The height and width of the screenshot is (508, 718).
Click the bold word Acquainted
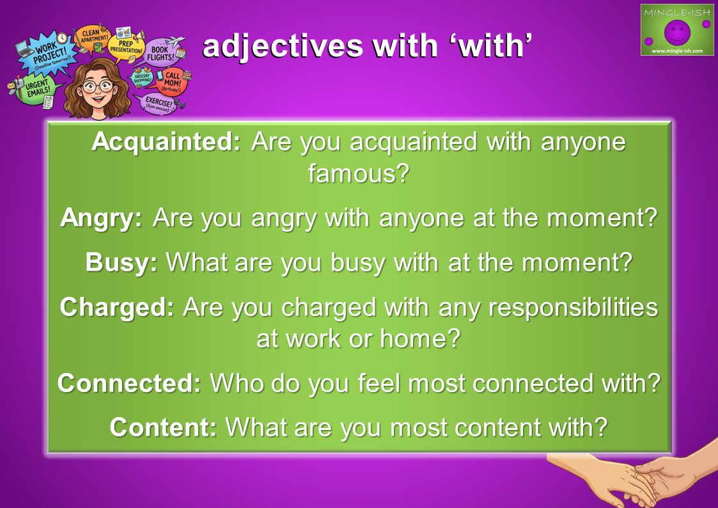click(x=166, y=141)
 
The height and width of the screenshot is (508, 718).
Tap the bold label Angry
click(x=101, y=218)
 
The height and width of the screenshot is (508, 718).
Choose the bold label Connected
click(x=129, y=383)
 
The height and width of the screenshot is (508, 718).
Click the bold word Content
click(x=163, y=427)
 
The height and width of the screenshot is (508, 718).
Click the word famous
click(x=358, y=173)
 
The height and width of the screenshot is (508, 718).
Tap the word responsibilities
click(x=574, y=307)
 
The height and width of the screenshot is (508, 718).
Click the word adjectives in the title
click(x=283, y=46)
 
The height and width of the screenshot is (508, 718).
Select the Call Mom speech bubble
click(x=172, y=81)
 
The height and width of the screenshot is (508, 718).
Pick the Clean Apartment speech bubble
click(x=93, y=38)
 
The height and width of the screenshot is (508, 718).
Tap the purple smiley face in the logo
click(x=677, y=31)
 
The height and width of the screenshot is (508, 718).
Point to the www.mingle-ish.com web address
click(x=677, y=51)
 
